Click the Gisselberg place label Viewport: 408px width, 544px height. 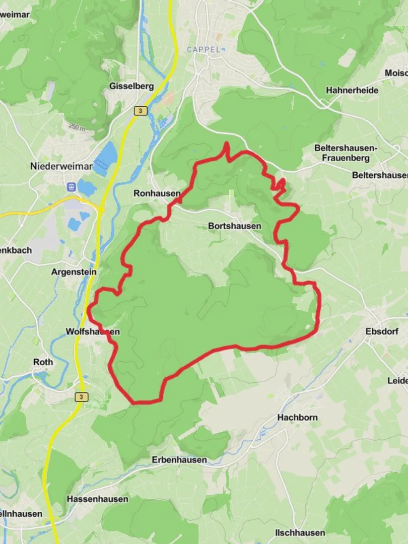(131, 86)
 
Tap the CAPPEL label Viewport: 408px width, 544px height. (203, 49)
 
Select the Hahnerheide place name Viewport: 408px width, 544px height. (352, 90)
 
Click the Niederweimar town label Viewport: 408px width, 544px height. (61, 166)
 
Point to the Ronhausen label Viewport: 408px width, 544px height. (157, 193)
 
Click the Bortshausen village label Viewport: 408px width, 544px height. (235, 226)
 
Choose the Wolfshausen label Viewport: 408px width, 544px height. (93, 331)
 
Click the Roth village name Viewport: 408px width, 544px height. (43, 362)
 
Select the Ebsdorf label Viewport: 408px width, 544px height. (382, 331)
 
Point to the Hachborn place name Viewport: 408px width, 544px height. (297, 418)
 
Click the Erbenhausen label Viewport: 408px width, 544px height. (179, 460)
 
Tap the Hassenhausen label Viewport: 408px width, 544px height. (97, 499)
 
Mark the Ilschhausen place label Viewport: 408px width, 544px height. (300, 533)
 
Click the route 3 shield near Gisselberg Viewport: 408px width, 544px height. (141, 111)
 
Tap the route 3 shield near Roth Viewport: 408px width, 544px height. (81, 397)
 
